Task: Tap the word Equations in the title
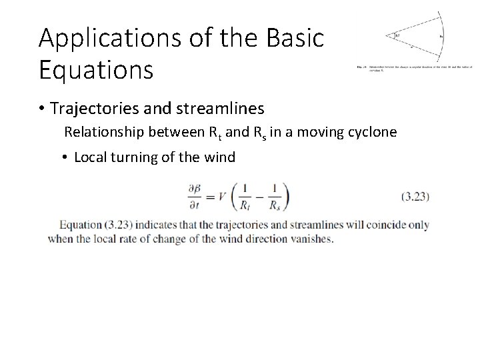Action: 96,68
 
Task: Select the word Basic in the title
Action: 293,38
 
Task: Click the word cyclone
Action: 372,132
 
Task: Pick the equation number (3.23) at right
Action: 415,197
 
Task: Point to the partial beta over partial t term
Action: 198,197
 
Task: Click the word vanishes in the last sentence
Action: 309,239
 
